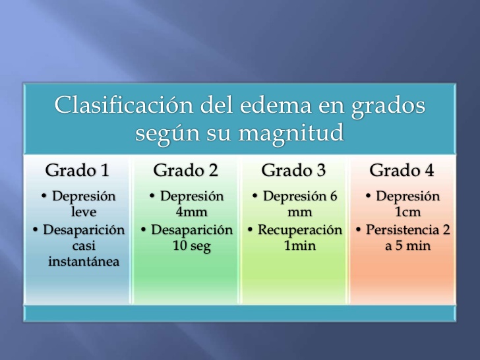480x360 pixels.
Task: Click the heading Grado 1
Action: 77,170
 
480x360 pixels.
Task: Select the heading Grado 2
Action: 185,170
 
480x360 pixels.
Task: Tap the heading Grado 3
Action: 293,170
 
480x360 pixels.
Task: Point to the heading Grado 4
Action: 402,170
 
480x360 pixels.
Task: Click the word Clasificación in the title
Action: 124,105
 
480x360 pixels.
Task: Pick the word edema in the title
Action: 275,105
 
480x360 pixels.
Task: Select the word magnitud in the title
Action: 291,133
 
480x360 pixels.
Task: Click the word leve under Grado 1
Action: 84,212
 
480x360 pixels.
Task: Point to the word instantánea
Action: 84,261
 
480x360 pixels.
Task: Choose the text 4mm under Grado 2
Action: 192,212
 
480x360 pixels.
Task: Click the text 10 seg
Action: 192,246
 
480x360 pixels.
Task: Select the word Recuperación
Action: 300,230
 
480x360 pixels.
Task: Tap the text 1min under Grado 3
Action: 300,245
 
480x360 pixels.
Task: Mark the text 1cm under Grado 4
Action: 407,212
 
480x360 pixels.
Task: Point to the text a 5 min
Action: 407,245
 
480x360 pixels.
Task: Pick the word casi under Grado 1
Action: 84,245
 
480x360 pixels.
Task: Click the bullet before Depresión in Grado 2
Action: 152,196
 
